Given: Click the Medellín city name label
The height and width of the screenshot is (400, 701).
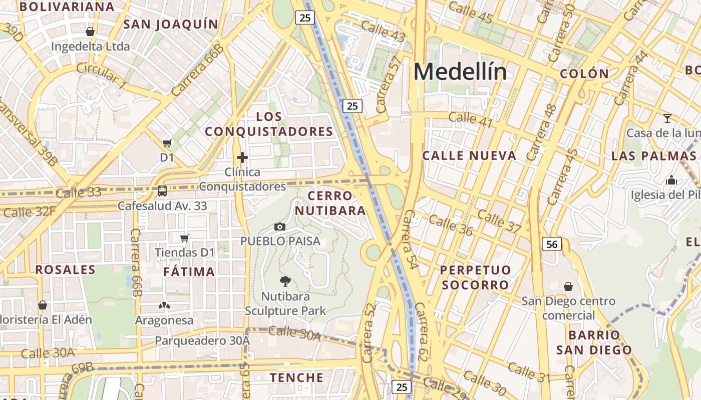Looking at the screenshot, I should [x=460, y=72].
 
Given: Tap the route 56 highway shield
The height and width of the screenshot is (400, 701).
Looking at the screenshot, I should [x=551, y=244].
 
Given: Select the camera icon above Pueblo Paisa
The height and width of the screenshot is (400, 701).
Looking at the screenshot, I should [x=280, y=227].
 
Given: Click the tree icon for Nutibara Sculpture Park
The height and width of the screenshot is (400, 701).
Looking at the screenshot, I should [x=285, y=281].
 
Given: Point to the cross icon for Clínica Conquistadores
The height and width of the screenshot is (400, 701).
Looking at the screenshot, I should [x=242, y=158].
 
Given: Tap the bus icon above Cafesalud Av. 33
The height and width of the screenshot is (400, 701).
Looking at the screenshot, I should [x=162, y=190].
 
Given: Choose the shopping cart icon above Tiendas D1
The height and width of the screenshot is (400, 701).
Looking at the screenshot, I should [x=185, y=238].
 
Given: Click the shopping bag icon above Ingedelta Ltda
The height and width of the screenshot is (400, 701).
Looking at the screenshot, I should [x=90, y=31].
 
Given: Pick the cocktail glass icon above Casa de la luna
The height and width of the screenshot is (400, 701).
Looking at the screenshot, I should [x=667, y=118].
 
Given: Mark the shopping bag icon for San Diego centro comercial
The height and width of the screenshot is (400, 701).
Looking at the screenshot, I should [x=568, y=286].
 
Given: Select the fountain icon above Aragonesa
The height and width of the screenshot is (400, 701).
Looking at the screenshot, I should [x=164, y=305].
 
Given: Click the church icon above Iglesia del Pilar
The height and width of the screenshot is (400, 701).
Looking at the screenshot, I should [x=671, y=180].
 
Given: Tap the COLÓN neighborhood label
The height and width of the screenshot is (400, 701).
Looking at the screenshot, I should [x=584, y=74].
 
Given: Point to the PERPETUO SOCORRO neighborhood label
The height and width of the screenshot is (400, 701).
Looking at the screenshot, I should [x=475, y=277].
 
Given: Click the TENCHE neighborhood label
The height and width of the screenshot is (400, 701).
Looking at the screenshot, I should [x=297, y=377].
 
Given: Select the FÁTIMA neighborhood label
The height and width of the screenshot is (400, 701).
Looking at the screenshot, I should [x=189, y=272].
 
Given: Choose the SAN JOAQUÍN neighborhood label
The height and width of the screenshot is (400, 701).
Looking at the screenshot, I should [x=171, y=24].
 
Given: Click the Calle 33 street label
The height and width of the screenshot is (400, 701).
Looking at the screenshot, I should [x=79, y=192].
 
